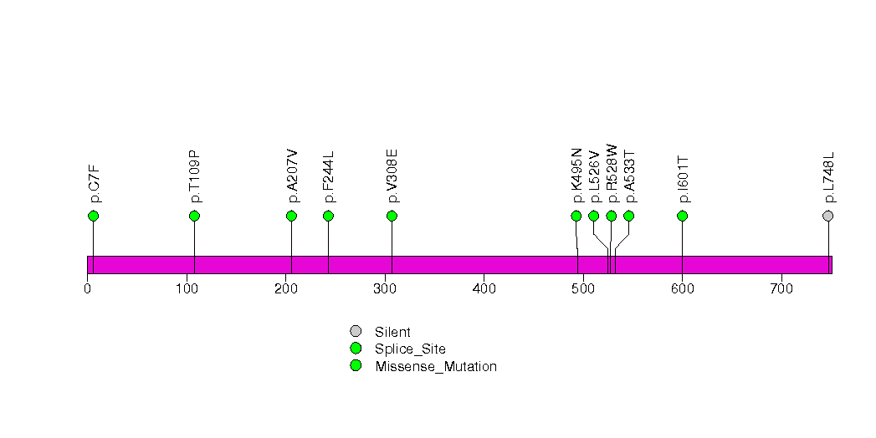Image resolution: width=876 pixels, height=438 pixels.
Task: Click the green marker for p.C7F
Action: (93, 216)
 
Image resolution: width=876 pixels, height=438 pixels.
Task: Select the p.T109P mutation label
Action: (194, 176)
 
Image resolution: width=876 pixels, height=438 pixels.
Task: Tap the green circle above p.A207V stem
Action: (291, 216)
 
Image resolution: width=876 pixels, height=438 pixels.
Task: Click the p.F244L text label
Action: (328, 177)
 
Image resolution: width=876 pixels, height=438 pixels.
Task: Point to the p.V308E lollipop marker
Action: (392, 216)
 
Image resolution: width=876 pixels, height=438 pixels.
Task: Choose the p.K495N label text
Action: (576, 176)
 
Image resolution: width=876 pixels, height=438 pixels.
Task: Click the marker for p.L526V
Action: (594, 216)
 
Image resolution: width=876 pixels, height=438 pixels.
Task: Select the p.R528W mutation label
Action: (612, 173)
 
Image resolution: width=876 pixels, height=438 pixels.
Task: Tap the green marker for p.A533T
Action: (629, 216)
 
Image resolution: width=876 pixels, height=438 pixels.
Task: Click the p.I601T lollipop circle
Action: (682, 216)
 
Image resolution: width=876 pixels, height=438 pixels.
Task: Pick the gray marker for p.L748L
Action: (828, 216)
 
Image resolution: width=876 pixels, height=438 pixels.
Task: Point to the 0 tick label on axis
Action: (87, 289)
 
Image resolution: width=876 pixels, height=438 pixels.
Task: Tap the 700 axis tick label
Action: (781, 289)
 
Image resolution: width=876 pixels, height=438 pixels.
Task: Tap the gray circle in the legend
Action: (356, 332)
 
